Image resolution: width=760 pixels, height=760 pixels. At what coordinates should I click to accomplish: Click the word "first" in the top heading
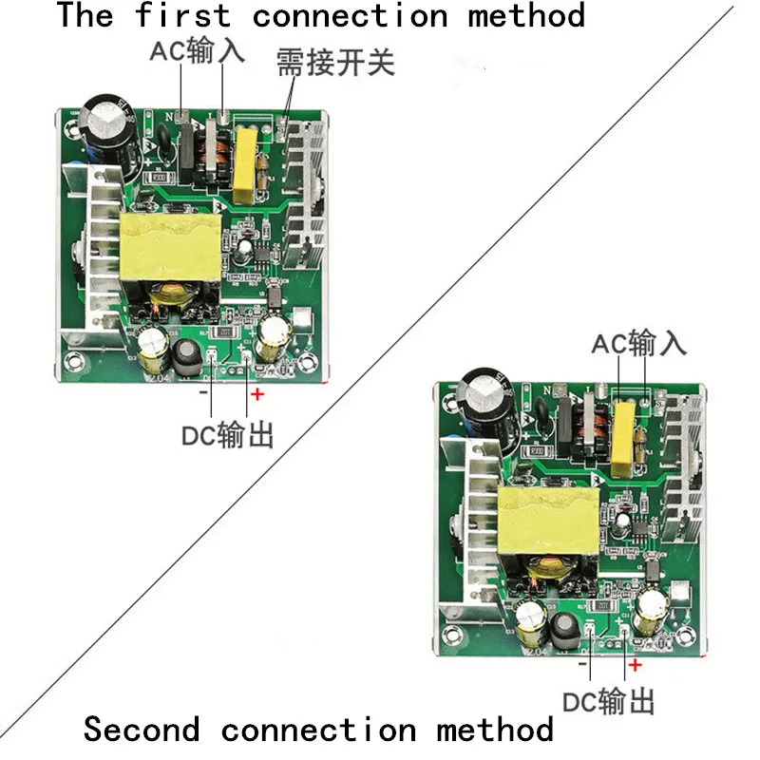(x=182, y=16)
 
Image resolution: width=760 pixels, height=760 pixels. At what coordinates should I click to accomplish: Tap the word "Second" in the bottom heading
(x=142, y=730)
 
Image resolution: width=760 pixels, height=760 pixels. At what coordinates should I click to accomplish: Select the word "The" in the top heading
(x=86, y=16)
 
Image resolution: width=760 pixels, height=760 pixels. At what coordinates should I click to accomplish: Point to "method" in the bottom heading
(x=495, y=730)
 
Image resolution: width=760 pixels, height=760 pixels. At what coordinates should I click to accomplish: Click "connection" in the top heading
(x=350, y=16)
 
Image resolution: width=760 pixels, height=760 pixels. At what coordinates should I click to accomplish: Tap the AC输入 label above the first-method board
(x=197, y=51)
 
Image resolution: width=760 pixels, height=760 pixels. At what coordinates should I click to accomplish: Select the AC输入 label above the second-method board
(x=639, y=343)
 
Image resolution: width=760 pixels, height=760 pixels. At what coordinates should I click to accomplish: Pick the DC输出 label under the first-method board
(x=227, y=434)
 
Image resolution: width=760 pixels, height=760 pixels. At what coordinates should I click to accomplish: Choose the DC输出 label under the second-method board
(x=608, y=703)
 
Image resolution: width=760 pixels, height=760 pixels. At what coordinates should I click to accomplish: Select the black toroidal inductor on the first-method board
(x=187, y=357)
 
